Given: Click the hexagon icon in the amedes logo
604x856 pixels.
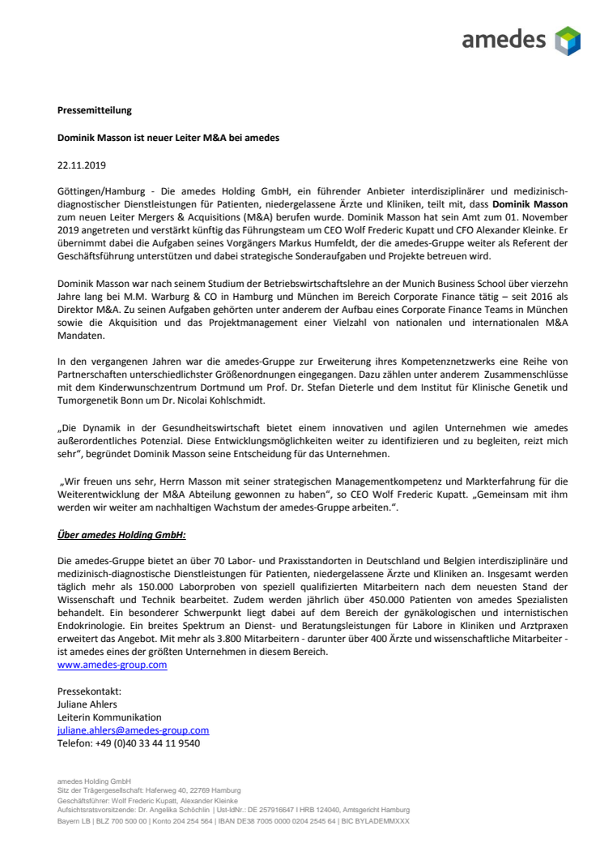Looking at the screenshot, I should click(x=568, y=41).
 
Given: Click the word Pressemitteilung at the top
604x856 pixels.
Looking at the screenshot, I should click(x=94, y=109).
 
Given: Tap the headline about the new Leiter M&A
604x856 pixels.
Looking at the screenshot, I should click(x=168, y=138).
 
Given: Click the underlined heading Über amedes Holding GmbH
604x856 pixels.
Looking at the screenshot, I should click(x=121, y=535).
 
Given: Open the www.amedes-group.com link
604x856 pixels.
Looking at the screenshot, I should click(x=112, y=665).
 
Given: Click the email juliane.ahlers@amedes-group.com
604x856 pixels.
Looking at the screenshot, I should click(x=133, y=730).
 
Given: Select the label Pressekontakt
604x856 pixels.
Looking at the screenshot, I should click(x=89, y=691).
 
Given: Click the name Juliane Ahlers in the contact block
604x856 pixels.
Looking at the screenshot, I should click(x=87, y=704).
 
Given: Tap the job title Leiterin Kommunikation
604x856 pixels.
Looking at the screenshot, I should click(x=109, y=717).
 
